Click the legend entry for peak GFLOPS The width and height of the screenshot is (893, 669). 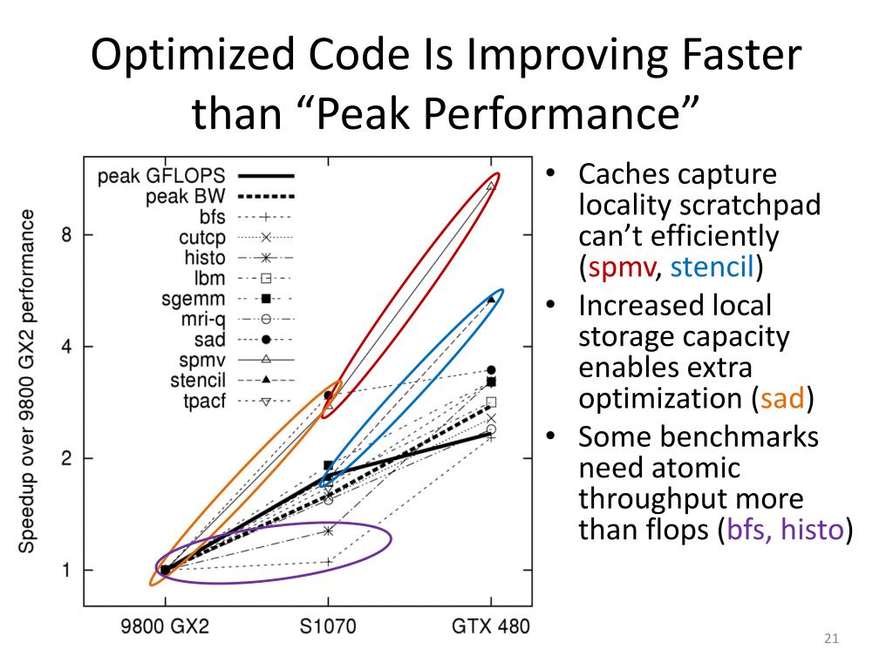(x=192, y=177)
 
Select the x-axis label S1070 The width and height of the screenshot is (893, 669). (x=328, y=626)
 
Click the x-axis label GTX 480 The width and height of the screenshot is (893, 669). (x=491, y=626)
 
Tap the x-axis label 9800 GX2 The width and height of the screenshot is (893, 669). (x=165, y=626)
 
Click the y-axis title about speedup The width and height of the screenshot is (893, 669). (x=29, y=381)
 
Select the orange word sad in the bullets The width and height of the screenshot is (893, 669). (x=781, y=398)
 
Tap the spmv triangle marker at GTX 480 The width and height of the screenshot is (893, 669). (x=491, y=186)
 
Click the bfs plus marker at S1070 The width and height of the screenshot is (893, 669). (x=328, y=562)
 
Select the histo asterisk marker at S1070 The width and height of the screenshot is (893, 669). (x=328, y=530)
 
